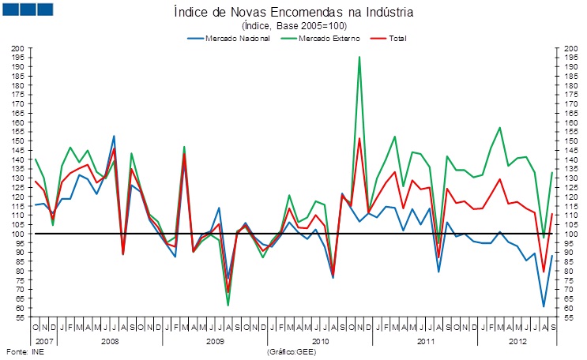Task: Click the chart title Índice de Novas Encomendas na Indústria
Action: pyautogui.click(x=293, y=13)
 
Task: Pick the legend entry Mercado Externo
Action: pyautogui.click(x=329, y=38)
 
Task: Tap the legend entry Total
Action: pyautogui.click(x=397, y=38)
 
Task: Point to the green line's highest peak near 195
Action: pyautogui.click(x=359, y=57)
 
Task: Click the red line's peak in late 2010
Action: pyautogui.click(x=359, y=139)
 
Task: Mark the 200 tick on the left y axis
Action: pyautogui.click(x=18, y=48)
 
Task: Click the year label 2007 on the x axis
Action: pyautogui.click(x=43, y=340)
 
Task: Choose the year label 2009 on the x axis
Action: pyautogui.click(x=215, y=340)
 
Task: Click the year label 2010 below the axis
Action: pyautogui.click(x=320, y=340)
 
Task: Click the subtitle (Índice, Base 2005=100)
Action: pyautogui.click(x=293, y=26)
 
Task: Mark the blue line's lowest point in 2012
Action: pyautogui.click(x=544, y=306)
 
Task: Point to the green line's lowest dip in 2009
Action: pyautogui.click(x=228, y=306)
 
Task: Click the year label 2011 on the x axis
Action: pyautogui.click(x=425, y=340)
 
